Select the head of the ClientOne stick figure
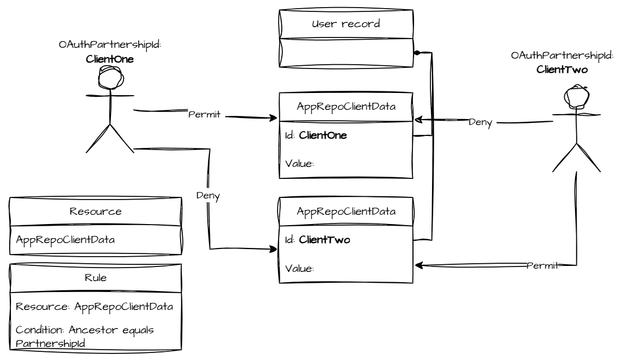[x=110, y=77]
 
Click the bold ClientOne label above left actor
[x=110, y=59]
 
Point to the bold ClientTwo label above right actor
[x=562, y=69]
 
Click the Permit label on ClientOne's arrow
[x=204, y=115]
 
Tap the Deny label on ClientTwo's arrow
[x=480, y=122]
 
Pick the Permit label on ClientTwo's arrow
[x=542, y=265]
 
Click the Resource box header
[x=95, y=212]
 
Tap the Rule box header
[x=95, y=278]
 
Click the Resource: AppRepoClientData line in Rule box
[x=94, y=306]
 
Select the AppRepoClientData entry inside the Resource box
[x=65, y=240]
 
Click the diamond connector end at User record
[x=416, y=53]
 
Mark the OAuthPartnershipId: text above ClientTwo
[x=562, y=55]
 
